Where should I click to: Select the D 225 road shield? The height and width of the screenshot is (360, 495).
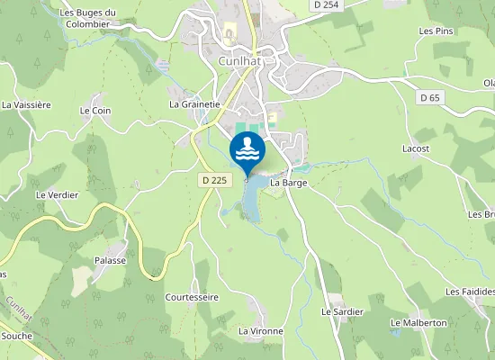(213, 180)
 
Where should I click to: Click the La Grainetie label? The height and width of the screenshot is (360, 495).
(195, 103)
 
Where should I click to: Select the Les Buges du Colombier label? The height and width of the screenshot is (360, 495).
(88, 18)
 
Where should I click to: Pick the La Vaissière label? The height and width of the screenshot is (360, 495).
(27, 104)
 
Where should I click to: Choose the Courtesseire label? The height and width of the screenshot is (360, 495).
(193, 296)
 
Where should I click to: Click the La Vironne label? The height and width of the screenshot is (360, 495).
(261, 331)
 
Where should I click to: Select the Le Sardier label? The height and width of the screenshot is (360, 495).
(342, 311)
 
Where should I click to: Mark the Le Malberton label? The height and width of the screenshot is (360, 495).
(418, 322)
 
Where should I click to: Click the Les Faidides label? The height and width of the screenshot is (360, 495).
(471, 292)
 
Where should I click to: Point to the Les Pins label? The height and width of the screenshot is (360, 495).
(435, 31)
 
